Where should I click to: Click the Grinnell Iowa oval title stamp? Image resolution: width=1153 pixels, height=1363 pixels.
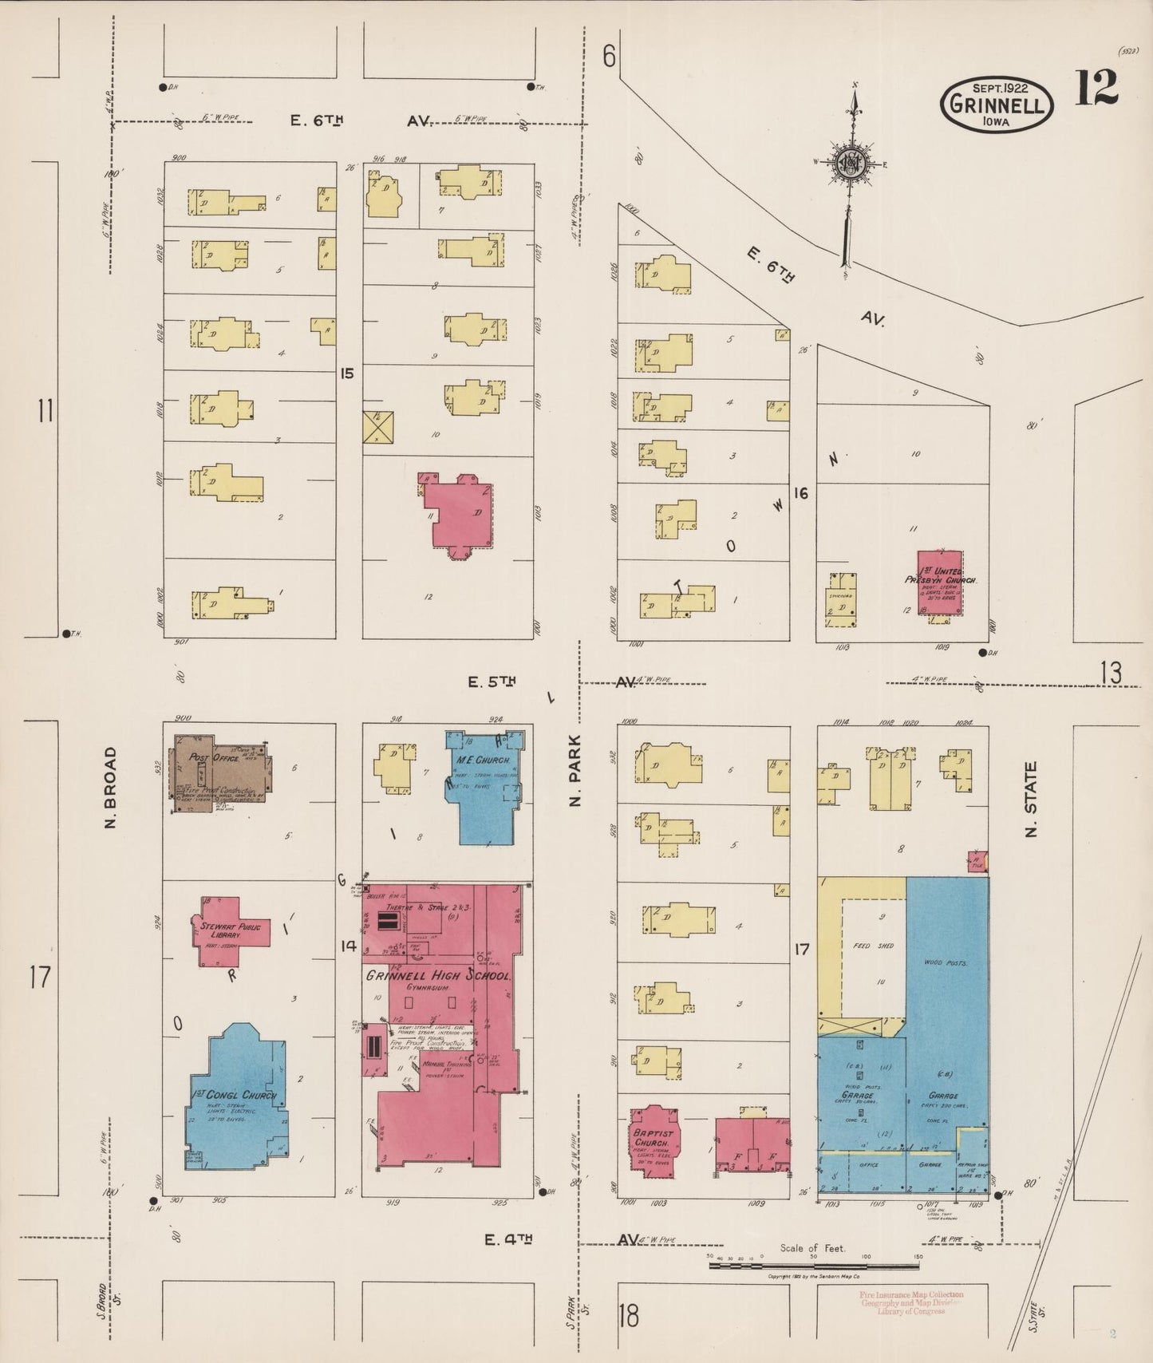pyautogui.click(x=997, y=104)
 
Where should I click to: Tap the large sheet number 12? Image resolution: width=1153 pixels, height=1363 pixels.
pyautogui.click(x=1096, y=88)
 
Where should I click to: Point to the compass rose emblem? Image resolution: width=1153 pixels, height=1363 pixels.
pyautogui.click(x=851, y=164)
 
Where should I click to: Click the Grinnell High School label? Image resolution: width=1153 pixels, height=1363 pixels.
pyautogui.click(x=438, y=975)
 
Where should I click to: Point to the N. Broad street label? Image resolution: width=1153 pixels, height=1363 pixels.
pyautogui.click(x=111, y=787)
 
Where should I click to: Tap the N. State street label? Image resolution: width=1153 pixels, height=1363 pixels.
pyautogui.click(x=1030, y=799)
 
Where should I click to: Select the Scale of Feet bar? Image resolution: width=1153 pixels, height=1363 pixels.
pyautogui.click(x=814, y=1266)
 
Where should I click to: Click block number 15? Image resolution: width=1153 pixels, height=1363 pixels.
pyautogui.click(x=346, y=373)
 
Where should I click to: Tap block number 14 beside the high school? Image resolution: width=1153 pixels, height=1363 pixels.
pyautogui.click(x=348, y=946)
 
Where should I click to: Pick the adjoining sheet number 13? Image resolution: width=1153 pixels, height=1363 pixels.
pyautogui.click(x=1110, y=674)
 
